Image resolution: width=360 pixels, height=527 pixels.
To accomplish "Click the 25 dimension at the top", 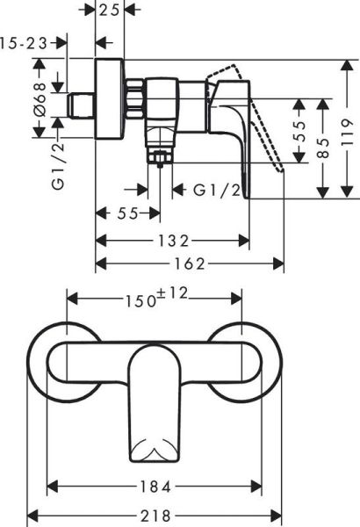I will click(110, 10).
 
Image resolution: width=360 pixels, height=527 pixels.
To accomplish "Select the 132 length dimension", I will click(173, 240).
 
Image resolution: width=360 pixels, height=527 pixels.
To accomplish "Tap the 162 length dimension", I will click(190, 263).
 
